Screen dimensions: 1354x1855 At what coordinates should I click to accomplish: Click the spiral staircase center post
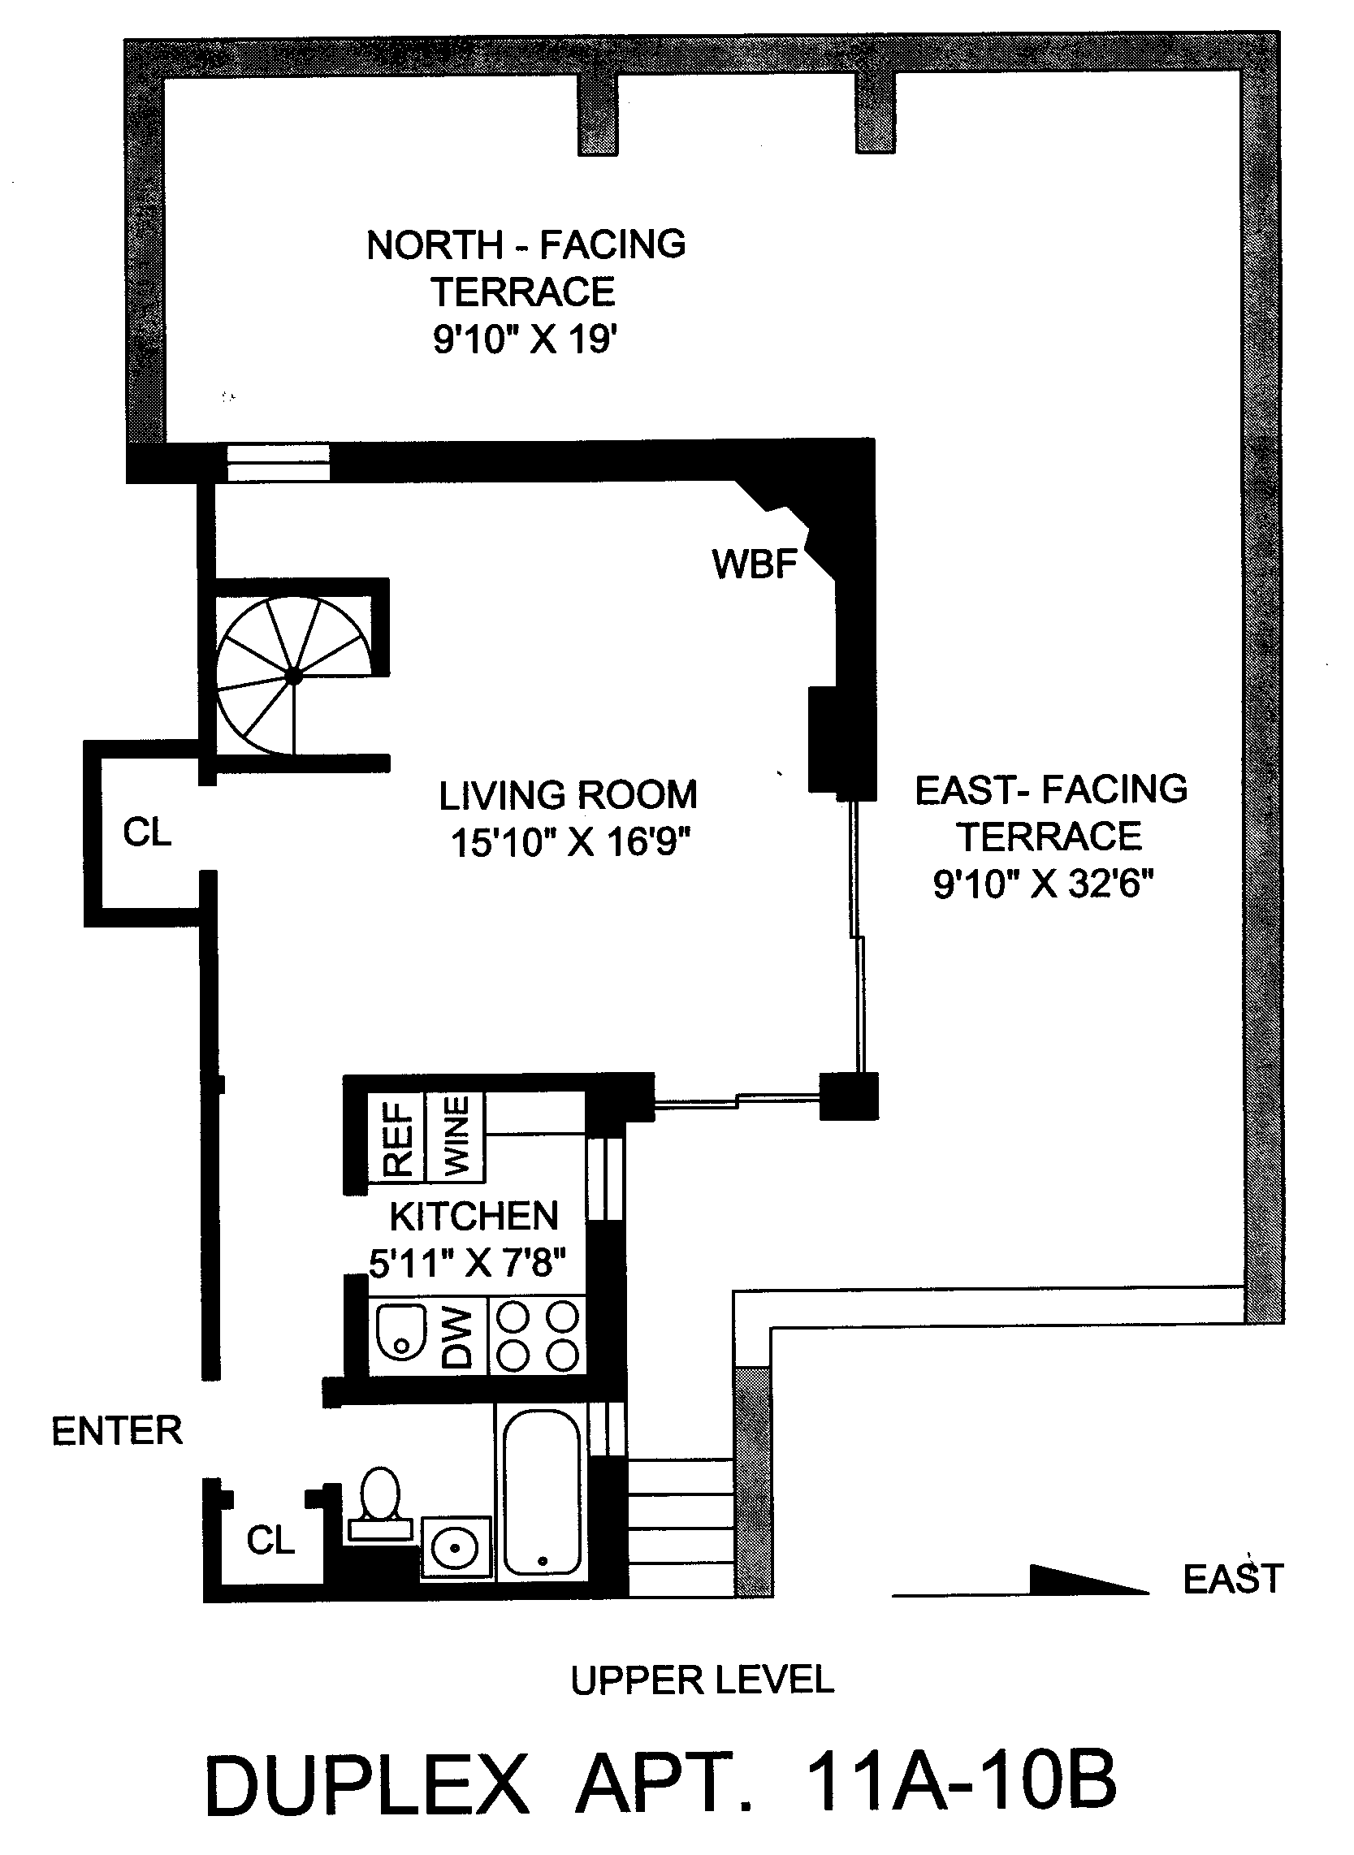[293, 677]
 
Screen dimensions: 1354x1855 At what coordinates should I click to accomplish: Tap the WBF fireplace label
[755, 564]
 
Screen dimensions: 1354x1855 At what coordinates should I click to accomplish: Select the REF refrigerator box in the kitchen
[396, 1137]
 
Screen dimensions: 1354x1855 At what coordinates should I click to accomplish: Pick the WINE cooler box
[456, 1137]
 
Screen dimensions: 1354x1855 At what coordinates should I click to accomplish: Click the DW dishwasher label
[458, 1337]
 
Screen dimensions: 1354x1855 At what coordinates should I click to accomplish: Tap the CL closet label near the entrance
[270, 1542]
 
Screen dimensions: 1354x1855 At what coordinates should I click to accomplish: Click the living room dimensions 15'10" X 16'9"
[571, 842]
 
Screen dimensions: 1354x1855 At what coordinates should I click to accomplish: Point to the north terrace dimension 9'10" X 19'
[525, 339]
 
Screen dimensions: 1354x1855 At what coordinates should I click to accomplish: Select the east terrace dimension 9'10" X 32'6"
[1044, 884]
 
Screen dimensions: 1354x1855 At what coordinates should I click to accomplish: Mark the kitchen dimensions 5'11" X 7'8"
[467, 1263]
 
